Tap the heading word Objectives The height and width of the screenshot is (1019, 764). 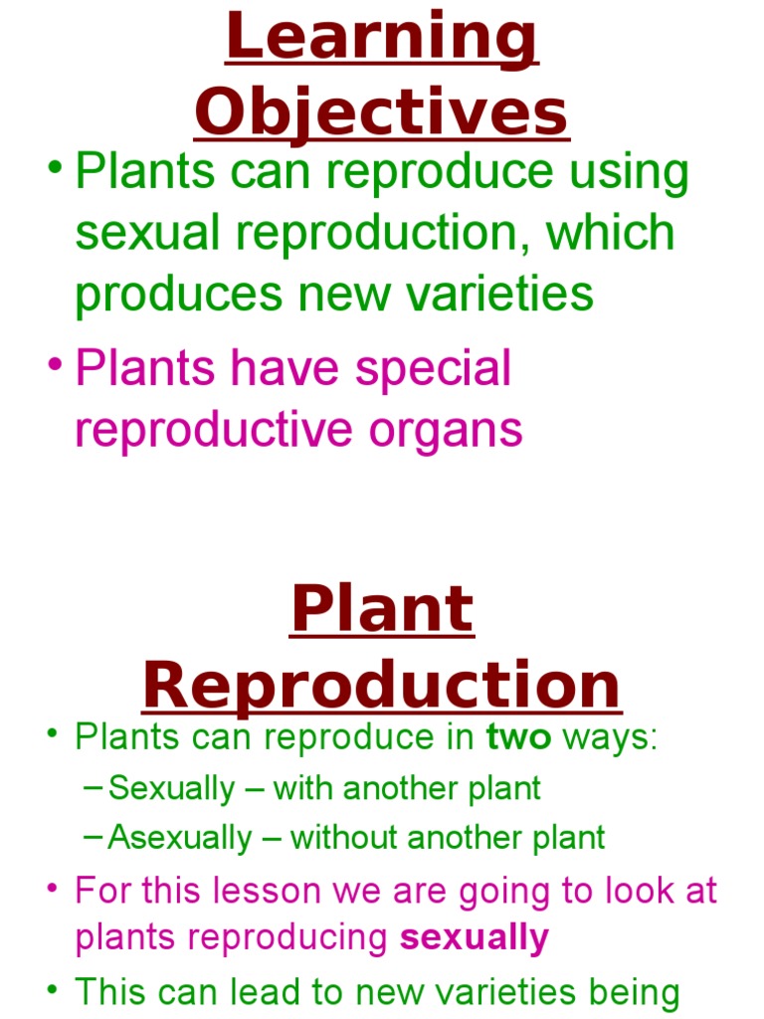tap(382, 113)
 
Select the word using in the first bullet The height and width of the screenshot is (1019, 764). tap(629, 171)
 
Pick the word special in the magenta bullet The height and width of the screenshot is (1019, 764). tap(433, 368)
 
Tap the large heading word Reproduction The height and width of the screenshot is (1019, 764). tap(382, 687)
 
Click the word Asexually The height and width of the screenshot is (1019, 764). tap(180, 838)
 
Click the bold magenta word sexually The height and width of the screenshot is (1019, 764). tap(474, 938)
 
